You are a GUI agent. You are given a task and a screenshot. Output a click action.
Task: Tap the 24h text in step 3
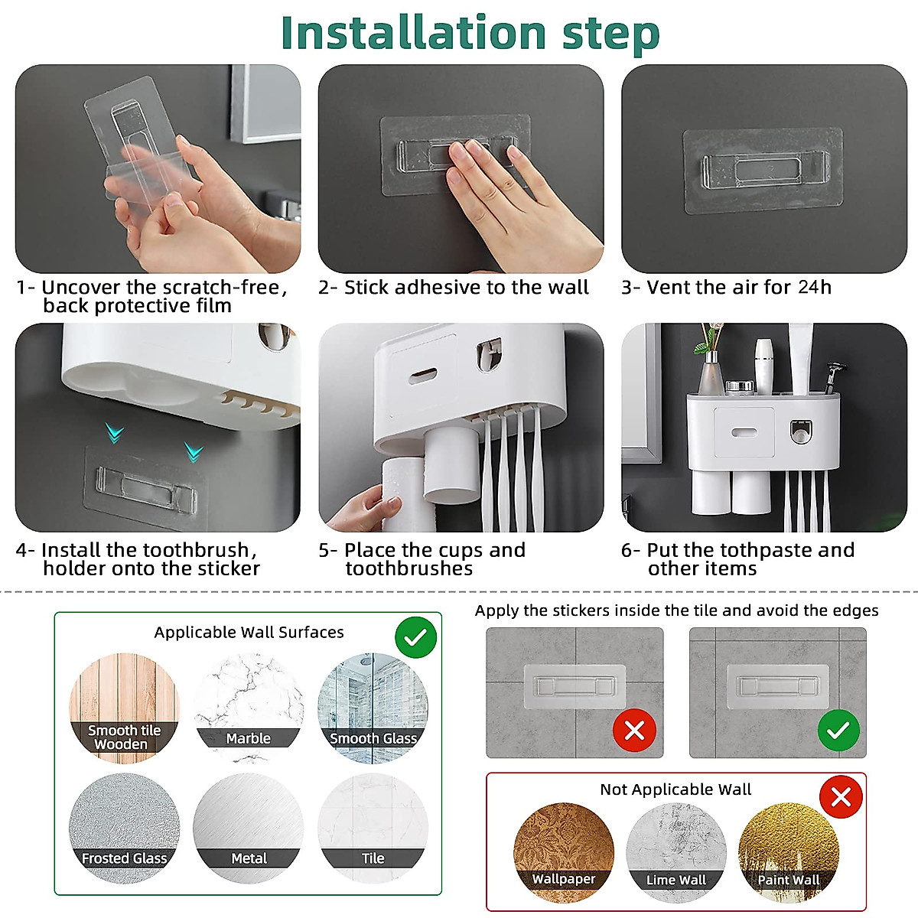[x=815, y=287]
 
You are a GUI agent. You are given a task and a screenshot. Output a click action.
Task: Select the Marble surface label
[x=248, y=738]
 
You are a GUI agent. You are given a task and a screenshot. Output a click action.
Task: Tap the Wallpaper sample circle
[x=564, y=845]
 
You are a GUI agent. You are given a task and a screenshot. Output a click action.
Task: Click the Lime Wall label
[x=676, y=880]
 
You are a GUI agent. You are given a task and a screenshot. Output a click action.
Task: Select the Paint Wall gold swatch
[x=789, y=845]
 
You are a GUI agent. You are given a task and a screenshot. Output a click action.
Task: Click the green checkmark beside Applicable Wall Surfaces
[x=416, y=638]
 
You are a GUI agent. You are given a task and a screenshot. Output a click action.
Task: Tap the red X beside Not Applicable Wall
[x=841, y=798]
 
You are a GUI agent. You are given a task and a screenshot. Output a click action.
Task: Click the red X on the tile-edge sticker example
[x=634, y=731]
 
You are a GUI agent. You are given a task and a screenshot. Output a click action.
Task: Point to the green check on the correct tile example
[x=838, y=731]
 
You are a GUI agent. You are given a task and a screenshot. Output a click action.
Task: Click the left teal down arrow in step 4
[x=115, y=435]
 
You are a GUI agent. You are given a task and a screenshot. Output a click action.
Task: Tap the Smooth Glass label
[x=373, y=738]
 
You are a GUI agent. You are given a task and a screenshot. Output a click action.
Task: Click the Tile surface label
[x=373, y=858]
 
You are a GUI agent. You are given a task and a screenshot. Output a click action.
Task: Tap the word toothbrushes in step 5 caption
[x=409, y=568]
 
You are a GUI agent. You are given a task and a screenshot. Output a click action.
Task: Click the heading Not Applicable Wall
[x=675, y=789]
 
